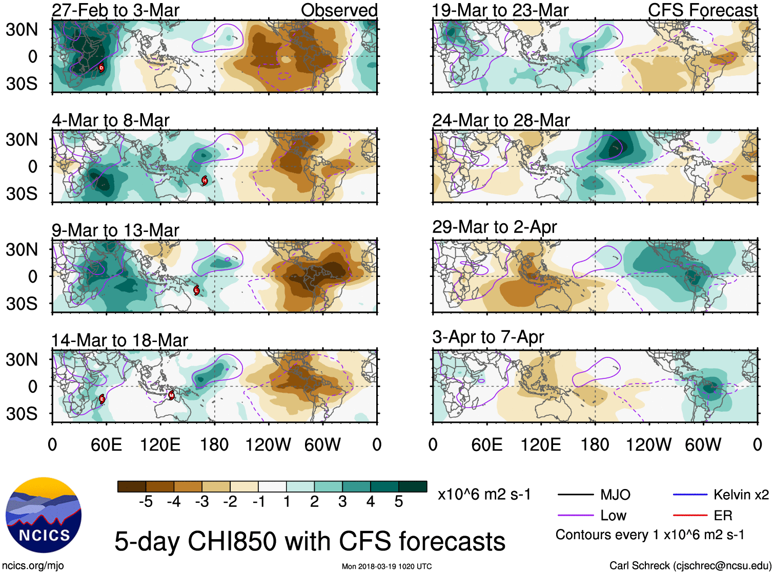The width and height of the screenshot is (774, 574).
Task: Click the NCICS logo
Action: [x=44, y=515]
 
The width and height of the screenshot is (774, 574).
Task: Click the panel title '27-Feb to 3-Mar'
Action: [x=116, y=10]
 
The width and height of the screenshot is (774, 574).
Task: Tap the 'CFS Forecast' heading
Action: [x=702, y=10]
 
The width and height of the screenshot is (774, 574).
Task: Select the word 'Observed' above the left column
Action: [x=339, y=10]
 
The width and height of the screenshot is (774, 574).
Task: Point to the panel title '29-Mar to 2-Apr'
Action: [x=494, y=227]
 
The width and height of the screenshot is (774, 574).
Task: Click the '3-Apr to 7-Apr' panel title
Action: [x=488, y=337]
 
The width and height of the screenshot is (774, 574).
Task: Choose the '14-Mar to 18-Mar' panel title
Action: [x=119, y=341]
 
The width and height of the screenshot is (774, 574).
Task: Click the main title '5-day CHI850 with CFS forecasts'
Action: [x=310, y=541]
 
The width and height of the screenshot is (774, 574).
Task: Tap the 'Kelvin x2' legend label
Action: [x=741, y=495]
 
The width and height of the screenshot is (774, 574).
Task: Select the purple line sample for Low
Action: [x=575, y=515]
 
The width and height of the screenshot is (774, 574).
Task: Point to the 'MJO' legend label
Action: [x=615, y=495]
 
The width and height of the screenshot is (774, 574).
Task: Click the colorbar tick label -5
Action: [x=146, y=502]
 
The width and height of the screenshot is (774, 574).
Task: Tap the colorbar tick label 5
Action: [x=399, y=502]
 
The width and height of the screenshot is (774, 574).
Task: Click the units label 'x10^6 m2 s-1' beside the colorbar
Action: [x=484, y=495]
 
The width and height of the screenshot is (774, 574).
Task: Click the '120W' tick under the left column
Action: [x=268, y=444]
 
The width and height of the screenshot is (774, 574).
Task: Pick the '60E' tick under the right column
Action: [x=486, y=444]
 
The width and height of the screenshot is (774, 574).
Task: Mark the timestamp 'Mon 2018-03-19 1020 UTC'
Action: [x=386, y=566]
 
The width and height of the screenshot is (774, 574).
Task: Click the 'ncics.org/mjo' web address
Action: [x=33, y=566]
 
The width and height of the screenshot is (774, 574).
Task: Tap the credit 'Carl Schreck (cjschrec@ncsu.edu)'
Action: [x=690, y=566]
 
